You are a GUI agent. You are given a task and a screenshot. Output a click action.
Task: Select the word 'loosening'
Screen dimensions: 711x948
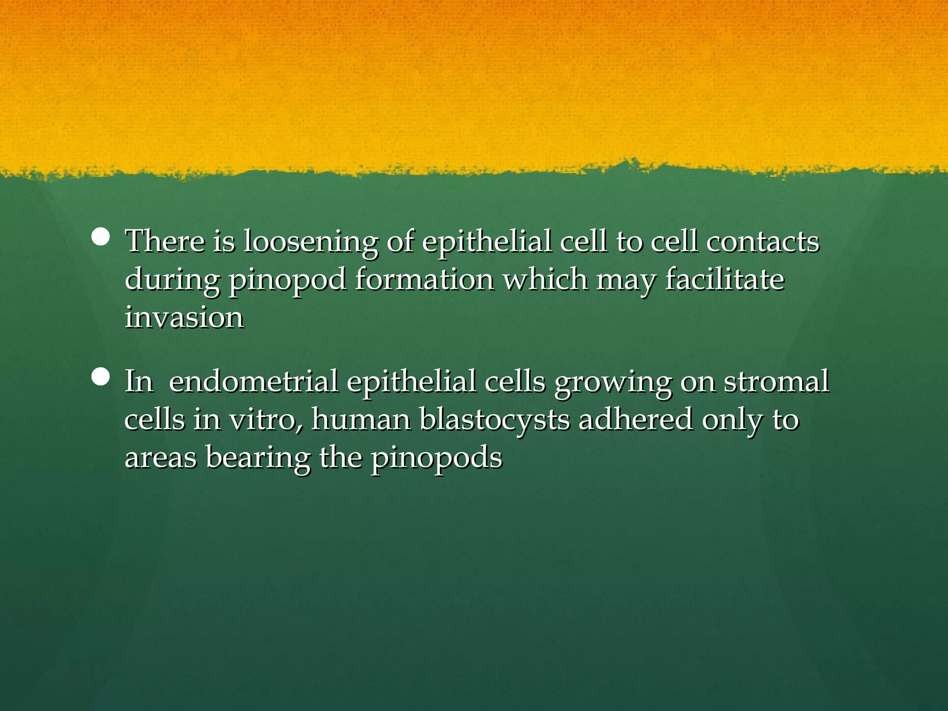(x=310, y=242)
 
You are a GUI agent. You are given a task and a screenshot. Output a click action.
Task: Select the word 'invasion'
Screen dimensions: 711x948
(x=184, y=318)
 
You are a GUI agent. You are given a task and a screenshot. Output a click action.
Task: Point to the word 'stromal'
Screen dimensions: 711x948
(x=776, y=381)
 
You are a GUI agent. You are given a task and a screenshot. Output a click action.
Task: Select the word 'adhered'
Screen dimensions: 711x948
(x=636, y=419)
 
